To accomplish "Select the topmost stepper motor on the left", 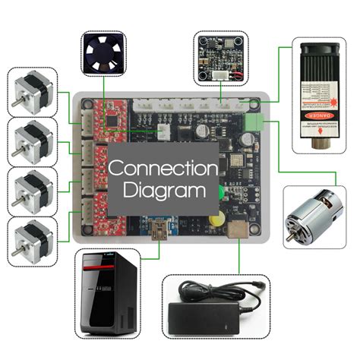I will point(33,90).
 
